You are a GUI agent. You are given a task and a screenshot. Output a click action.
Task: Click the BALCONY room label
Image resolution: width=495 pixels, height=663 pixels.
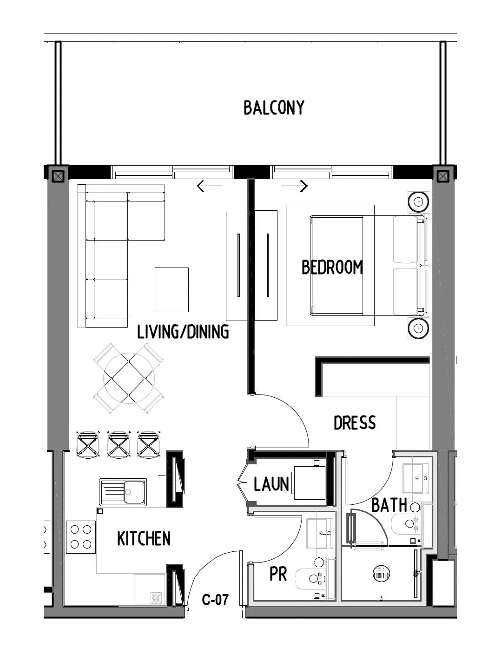[x=274, y=107]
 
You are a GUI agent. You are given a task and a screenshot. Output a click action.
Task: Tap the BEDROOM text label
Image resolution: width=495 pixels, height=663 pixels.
[x=332, y=268]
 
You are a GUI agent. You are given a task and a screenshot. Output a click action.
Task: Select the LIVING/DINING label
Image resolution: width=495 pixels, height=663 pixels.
[x=183, y=332]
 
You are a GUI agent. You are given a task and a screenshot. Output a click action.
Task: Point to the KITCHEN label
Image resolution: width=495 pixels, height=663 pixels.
[x=144, y=539]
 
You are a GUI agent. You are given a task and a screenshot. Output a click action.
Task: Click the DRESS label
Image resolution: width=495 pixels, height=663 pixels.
[x=355, y=423]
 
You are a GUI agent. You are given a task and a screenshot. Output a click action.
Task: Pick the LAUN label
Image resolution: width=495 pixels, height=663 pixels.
[x=271, y=484]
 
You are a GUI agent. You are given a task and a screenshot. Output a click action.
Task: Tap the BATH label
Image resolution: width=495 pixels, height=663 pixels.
[x=389, y=505]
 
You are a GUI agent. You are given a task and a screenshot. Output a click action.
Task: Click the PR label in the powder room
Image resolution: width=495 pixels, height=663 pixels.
[x=278, y=575]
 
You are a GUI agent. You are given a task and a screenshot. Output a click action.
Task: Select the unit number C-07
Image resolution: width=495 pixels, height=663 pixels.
[x=215, y=600]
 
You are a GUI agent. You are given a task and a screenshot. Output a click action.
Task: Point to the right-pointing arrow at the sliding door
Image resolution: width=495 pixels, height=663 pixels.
[x=295, y=187]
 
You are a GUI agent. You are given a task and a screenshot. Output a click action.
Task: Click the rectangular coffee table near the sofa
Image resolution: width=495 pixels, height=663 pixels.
[x=172, y=289]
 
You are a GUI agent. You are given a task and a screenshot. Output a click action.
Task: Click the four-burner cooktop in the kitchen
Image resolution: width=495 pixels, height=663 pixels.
[x=81, y=536]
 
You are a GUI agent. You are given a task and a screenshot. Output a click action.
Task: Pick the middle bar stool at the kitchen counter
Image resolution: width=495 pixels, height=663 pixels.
[x=118, y=444]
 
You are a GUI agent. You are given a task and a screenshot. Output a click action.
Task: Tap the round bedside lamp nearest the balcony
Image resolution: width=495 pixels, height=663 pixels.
[x=418, y=202]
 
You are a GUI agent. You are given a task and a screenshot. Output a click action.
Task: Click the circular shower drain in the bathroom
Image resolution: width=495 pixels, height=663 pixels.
[x=382, y=573]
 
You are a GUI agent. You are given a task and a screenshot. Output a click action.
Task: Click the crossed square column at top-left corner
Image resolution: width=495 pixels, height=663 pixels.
[x=57, y=176]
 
